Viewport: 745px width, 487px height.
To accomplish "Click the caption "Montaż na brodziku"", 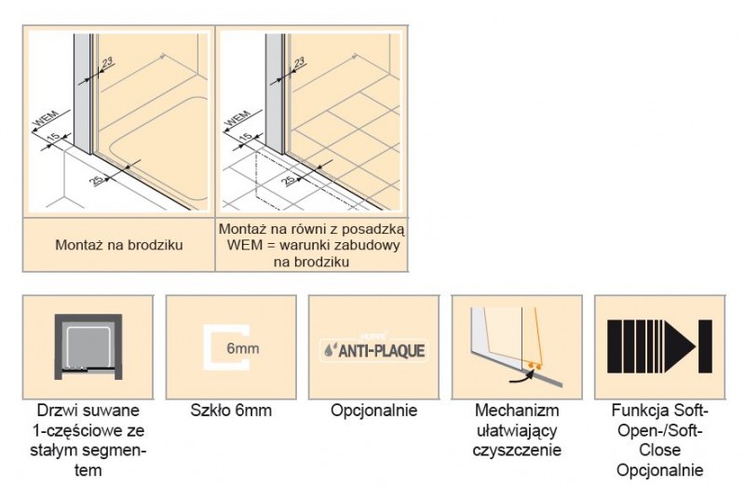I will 117,245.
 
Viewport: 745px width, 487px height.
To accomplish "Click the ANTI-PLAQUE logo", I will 372,350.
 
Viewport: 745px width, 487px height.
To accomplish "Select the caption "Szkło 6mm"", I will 230,411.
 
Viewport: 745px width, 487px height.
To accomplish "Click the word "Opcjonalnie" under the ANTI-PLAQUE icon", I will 372,411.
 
